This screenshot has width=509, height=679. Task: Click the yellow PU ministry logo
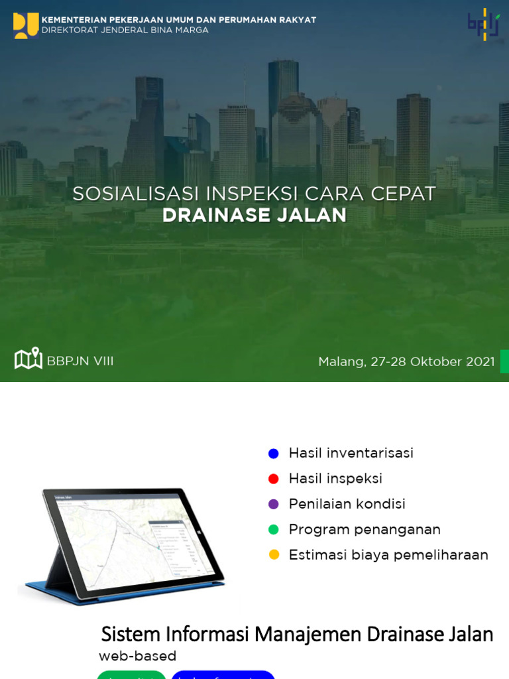tap(25, 25)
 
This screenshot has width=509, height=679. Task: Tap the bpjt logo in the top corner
tap(483, 25)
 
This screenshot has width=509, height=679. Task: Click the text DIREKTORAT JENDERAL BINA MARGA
tap(125, 31)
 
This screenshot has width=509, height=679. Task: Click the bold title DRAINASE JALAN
tap(254, 216)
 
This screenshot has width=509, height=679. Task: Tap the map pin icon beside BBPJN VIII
tap(28, 359)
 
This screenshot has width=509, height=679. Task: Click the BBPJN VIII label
tap(80, 361)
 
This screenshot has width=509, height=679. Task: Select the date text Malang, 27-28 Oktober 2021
tap(406, 362)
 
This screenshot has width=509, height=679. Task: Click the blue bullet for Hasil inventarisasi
tap(273, 454)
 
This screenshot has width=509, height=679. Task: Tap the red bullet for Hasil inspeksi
tap(273, 479)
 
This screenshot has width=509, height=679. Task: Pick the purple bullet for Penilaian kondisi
tap(273, 504)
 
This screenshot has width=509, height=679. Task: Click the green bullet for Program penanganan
tap(273, 530)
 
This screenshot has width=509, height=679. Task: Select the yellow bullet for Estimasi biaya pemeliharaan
tap(273, 555)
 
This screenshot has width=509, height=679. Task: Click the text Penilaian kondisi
tap(347, 504)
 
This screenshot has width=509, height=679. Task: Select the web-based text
tap(137, 656)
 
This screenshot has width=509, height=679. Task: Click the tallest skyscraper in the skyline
tap(283, 99)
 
